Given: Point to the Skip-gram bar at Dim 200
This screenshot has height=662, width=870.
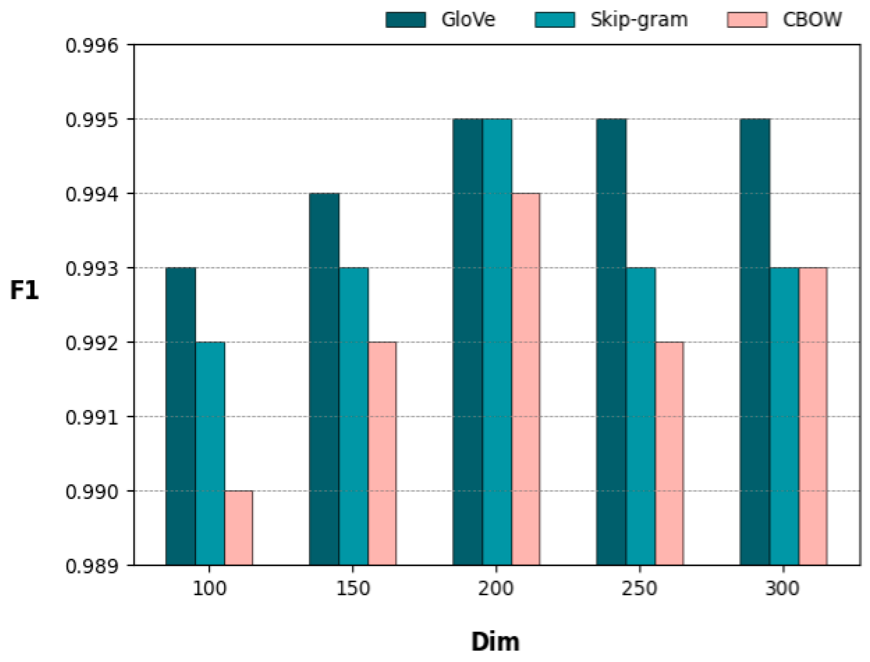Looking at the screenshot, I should pyautogui.click(x=497, y=342).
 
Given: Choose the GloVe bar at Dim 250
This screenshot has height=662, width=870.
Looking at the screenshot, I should pyautogui.click(x=611, y=342).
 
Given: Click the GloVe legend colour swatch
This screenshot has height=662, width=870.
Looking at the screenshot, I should pyautogui.click(x=405, y=20).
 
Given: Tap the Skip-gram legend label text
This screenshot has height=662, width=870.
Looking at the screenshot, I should pyautogui.click(x=639, y=20).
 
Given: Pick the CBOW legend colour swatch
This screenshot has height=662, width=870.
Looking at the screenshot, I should pyautogui.click(x=746, y=20).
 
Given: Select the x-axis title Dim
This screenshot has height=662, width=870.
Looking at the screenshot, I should pyautogui.click(x=495, y=642).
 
